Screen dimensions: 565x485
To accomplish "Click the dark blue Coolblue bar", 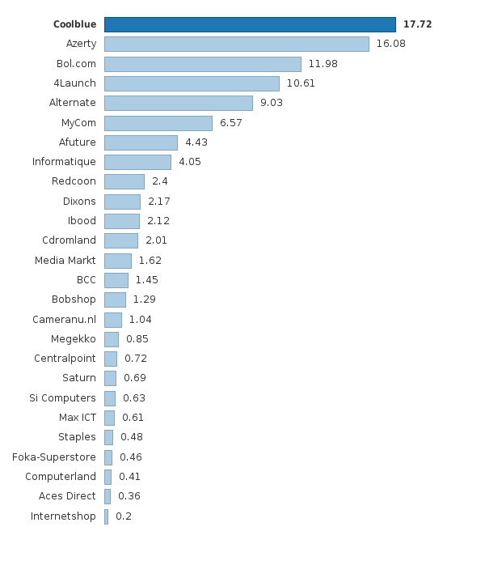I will (x=250, y=24).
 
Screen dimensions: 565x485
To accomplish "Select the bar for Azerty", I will (x=236, y=44).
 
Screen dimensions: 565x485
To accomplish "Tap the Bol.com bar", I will (x=202, y=64).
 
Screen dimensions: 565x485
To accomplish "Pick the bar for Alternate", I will (x=178, y=103).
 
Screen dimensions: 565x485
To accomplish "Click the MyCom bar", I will (x=158, y=123).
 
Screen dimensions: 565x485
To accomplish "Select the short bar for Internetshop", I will (x=106, y=516).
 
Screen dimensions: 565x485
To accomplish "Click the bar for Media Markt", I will (x=117, y=261).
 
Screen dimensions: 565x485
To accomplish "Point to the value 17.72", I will (x=417, y=24).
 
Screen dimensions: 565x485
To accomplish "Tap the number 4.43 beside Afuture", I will (x=196, y=142).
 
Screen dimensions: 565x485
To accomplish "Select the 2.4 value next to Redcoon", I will (x=159, y=181).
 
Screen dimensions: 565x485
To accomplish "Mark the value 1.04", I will (x=140, y=320).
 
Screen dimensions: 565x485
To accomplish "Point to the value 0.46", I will (x=130, y=457).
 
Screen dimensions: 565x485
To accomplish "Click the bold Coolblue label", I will (x=74, y=24).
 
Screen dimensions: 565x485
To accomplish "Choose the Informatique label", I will (x=64, y=162).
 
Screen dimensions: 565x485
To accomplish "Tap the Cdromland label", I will (x=69, y=240).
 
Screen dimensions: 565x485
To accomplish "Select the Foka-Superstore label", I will (x=53, y=457).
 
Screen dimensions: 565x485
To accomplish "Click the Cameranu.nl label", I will (x=64, y=320).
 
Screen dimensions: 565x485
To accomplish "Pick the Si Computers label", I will (x=62, y=398).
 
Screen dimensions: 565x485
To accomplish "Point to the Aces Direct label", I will (x=67, y=496).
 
